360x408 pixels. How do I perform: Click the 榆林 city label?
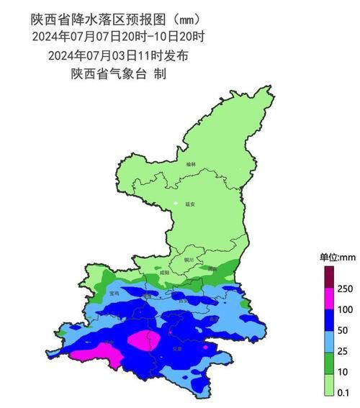point(190,164)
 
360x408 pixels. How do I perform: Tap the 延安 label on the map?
point(189,204)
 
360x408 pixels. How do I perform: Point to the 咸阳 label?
point(164,273)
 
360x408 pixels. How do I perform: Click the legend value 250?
point(344,289)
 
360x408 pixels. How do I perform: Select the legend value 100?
point(344,309)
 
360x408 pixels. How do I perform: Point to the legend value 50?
point(342,330)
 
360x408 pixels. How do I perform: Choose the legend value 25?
point(342,351)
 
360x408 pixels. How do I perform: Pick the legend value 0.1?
point(343,392)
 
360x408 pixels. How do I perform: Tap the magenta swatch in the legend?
point(328,299)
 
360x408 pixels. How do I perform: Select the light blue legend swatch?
point(328,340)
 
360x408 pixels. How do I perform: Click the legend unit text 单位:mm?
point(333,257)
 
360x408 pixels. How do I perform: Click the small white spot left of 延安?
point(175,206)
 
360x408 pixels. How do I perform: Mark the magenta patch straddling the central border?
point(144,340)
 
